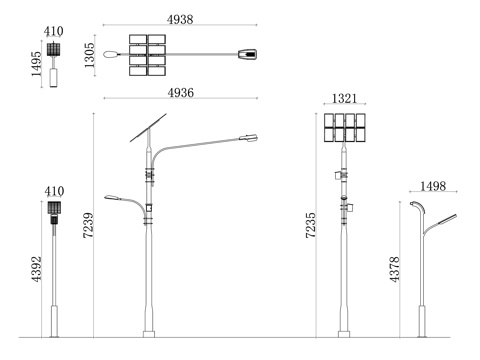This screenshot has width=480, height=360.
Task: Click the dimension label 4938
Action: (180, 19)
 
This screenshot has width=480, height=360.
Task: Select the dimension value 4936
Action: (181, 92)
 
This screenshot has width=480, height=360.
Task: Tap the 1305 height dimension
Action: (89, 55)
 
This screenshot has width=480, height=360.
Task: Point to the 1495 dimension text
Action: (36, 64)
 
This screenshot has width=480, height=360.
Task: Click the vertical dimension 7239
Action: (88, 225)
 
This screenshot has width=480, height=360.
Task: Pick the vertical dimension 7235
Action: (311, 225)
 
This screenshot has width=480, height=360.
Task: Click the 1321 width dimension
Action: (344, 98)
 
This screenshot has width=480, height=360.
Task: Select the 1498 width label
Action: (433, 186)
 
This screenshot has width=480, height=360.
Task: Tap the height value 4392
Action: (36, 269)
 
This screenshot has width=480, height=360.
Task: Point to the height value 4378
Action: (394, 269)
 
